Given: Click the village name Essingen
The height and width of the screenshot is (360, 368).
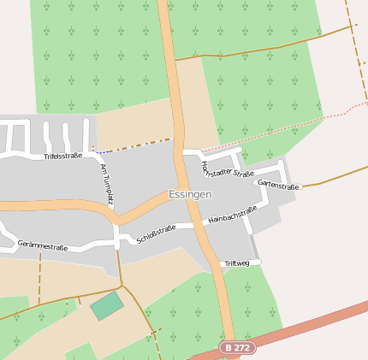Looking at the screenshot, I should pos(190,194).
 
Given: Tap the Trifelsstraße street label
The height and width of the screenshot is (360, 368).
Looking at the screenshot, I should pos(62,156).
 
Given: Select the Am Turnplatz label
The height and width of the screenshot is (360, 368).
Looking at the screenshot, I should pos(107,185).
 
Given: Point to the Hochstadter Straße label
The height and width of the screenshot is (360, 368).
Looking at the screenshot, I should pos(227,167).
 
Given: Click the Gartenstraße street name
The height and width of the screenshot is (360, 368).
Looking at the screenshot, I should pos(278,186).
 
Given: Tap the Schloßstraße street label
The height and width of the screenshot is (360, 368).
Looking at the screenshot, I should pos(156,233).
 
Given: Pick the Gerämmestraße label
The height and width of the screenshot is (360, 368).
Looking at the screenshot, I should pos(42,246).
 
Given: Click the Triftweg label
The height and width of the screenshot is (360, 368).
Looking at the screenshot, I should pos(237,263).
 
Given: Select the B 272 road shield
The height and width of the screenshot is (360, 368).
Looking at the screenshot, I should pos(238,348).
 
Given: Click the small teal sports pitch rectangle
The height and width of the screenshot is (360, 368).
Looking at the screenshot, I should pos(107,305).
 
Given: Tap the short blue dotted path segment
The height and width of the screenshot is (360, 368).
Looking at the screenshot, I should pos(99,152).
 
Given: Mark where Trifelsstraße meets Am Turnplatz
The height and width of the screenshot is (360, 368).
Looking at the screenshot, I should pos(96,155).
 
